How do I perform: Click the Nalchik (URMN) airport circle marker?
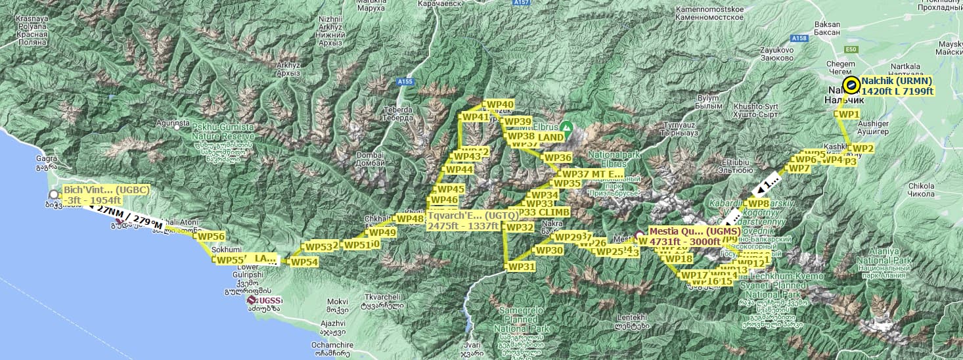tap(851, 84)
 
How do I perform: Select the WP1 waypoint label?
tap(849, 114)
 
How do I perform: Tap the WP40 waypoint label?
tap(500, 104)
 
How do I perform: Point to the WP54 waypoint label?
tap(304, 262)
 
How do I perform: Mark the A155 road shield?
tap(405, 81)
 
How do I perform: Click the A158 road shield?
tap(799, 39)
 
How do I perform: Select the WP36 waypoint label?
tap(558, 158)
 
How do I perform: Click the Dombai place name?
tap(369, 156)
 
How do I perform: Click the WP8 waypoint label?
tap(758, 204)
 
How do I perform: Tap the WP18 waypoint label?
tap(679, 259)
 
